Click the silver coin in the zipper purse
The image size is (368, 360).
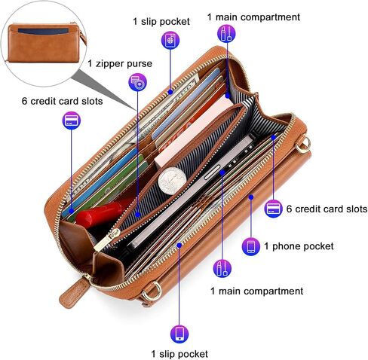(x=172, y=181)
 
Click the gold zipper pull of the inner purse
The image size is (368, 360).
(x=107, y=239)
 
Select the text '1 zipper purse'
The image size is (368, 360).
(x=120, y=63)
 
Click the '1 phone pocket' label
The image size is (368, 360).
(x=299, y=246)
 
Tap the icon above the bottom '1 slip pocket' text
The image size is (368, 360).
(x=179, y=334)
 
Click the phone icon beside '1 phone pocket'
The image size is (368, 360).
(x=251, y=246)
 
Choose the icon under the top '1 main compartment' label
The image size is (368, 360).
(x=226, y=34)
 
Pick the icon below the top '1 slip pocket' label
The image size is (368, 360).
(x=170, y=40)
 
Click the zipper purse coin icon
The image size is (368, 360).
(x=138, y=82)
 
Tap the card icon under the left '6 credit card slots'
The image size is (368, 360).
(x=72, y=121)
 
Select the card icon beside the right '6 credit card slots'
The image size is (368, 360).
(x=274, y=209)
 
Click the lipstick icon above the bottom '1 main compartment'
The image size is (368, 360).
(x=222, y=268)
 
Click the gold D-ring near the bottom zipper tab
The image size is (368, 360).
(x=152, y=291)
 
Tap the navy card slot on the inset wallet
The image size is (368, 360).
(x=43, y=32)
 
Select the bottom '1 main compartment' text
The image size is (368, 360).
(x=256, y=291)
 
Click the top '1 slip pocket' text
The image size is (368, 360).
(x=161, y=21)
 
